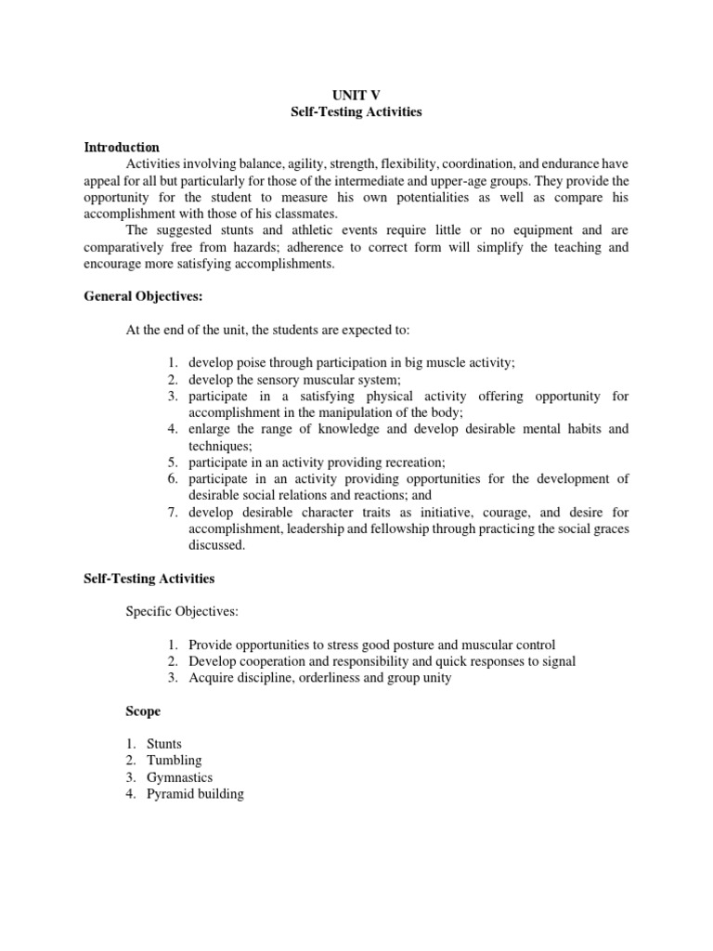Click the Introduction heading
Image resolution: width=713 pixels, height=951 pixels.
122,147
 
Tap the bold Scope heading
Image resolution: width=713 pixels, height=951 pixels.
143,711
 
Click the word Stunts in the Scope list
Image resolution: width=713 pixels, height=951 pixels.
164,744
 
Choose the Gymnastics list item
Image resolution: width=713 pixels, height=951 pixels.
179,777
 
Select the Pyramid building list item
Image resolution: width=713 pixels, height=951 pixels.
195,794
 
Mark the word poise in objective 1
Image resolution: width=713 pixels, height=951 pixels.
253,362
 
